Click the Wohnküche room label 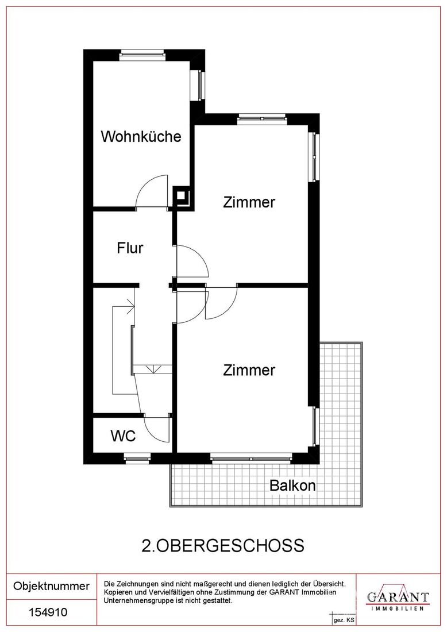coord(141,137)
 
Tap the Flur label coord(130,248)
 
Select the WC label coord(124,436)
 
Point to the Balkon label coord(292,485)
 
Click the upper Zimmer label coord(249,202)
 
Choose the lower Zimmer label coord(249,370)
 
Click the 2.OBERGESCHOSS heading coord(223,546)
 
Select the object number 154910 coord(48,612)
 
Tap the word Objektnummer coord(51,585)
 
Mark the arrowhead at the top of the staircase coord(131,306)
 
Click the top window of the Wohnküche coord(142,55)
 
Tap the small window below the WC coord(137,458)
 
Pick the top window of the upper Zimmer coord(261,118)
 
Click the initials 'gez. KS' coord(344,621)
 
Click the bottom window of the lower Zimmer coord(251,458)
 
